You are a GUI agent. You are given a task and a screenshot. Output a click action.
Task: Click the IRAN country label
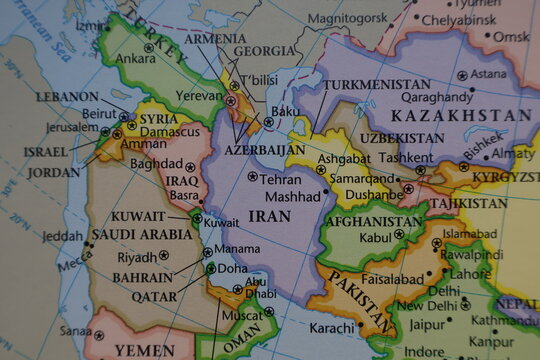[270, 215]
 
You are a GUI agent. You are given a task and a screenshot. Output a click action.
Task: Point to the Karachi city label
[331, 327]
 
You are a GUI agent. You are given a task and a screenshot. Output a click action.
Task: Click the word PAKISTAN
[360, 301]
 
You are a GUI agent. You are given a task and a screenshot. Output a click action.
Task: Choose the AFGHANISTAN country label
[374, 221]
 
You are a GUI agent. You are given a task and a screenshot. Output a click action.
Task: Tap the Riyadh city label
[138, 257]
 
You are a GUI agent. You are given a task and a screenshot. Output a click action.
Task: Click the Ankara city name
[135, 59]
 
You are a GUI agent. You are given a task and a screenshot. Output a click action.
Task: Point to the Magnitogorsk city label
[347, 18]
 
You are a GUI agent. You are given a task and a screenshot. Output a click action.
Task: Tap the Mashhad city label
[292, 196]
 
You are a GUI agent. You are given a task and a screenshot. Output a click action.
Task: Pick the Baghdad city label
[156, 163]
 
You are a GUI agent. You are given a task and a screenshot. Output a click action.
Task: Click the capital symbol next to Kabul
[400, 235]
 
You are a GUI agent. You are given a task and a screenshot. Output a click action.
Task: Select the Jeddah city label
[63, 237]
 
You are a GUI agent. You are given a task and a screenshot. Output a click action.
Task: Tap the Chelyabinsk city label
[459, 19]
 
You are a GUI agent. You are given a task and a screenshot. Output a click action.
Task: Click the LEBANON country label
[67, 97]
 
